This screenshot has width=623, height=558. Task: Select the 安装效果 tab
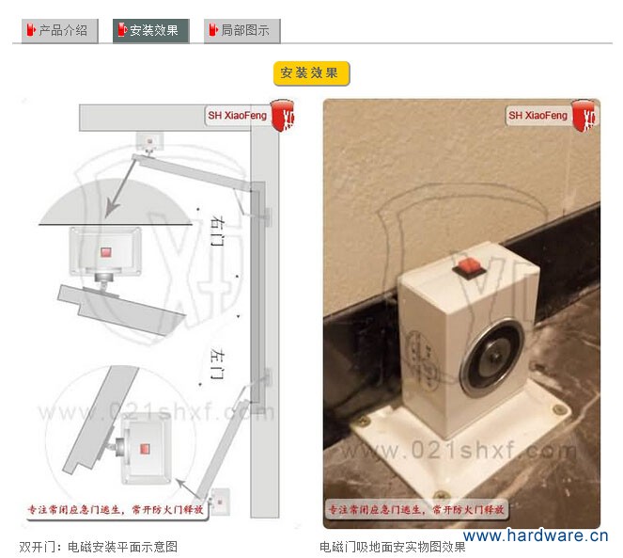tap(151, 30)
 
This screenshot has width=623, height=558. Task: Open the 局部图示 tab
tap(241, 30)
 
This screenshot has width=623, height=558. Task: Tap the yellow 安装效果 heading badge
tap(312, 73)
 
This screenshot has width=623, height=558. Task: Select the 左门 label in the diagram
tap(216, 362)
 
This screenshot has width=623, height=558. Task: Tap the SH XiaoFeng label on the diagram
tap(237, 116)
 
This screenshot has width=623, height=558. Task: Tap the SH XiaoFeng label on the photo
tap(538, 116)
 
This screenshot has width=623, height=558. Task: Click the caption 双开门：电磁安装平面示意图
tap(99, 546)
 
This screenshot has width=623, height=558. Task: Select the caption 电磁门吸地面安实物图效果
tap(393, 546)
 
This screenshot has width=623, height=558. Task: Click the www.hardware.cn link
tap(536, 536)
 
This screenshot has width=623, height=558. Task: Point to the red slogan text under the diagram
tap(113, 509)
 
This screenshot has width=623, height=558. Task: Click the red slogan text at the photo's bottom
tap(414, 509)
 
